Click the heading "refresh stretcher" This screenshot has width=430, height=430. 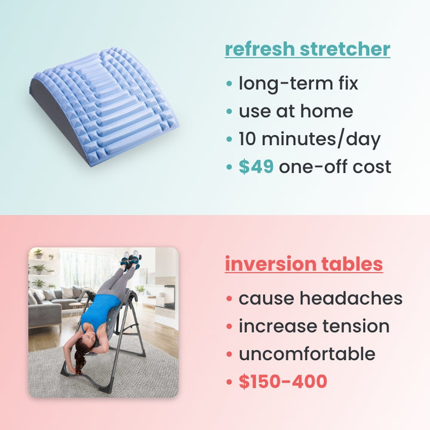point(308,49)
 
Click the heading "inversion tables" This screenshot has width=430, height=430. point(304,263)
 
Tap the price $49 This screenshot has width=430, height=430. point(256,167)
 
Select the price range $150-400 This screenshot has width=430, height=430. point(282,381)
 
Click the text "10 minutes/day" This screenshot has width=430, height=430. point(309,139)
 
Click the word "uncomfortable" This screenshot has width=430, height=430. point(307,354)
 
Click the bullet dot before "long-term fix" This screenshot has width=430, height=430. point(230,84)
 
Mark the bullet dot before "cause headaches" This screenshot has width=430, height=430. point(230,299)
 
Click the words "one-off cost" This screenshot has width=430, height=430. point(335,167)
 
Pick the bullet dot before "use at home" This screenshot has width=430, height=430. point(230,112)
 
